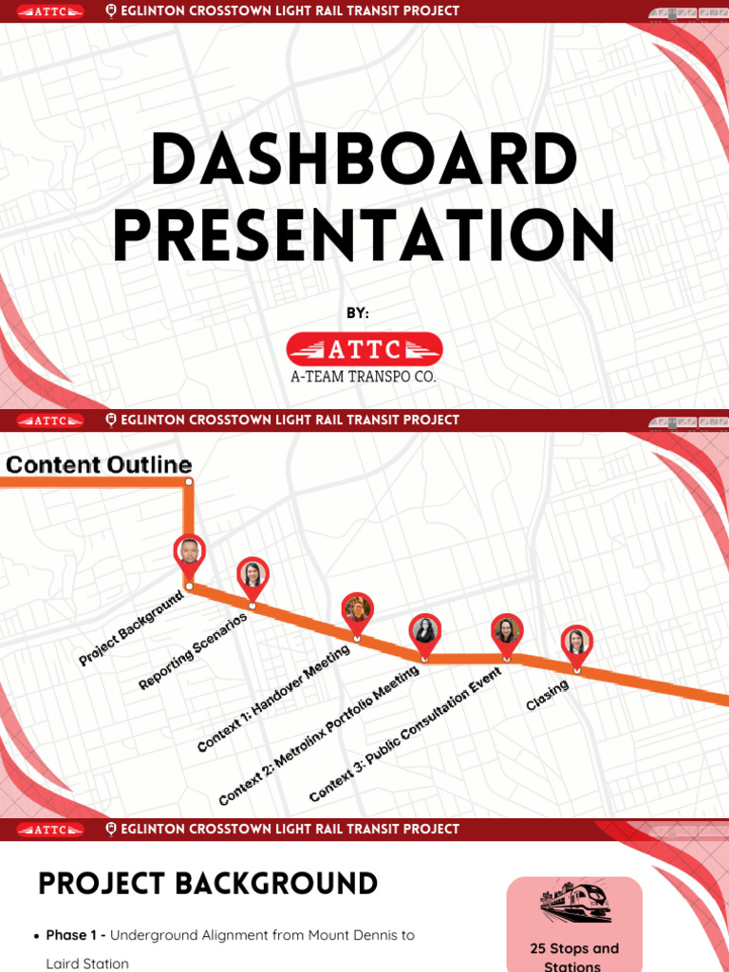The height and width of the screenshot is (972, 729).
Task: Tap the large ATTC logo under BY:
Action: pyautogui.click(x=364, y=349)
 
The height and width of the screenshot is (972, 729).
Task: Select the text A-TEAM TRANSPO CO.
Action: pyautogui.click(x=364, y=377)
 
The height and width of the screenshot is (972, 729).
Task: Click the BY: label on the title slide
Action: pyautogui.click(x=358, y=313)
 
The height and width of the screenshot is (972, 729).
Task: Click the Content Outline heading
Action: pyautogui.click(x=99, y=465)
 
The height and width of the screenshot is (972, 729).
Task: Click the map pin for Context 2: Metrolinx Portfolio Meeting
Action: pyautogui.click(x=424, y=631)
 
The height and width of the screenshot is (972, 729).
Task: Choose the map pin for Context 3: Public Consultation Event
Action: pyautogui.click(x=506, y=631)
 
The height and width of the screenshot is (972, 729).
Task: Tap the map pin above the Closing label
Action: pyautogui.click(x=575, y=644)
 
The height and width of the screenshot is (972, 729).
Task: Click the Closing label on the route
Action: pyautogui.click(x=547, y=696)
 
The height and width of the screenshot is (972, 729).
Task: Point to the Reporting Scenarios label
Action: pyautogui.click(x=193, y=651)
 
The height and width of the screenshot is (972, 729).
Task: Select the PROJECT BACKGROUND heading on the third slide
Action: pyautogui.click(x=208, y=884)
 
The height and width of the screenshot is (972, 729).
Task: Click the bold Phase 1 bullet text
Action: pyautogui.click(x=76, y=935)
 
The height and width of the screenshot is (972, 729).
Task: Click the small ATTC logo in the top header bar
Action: pyautogui.click(x=50, y=11)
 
